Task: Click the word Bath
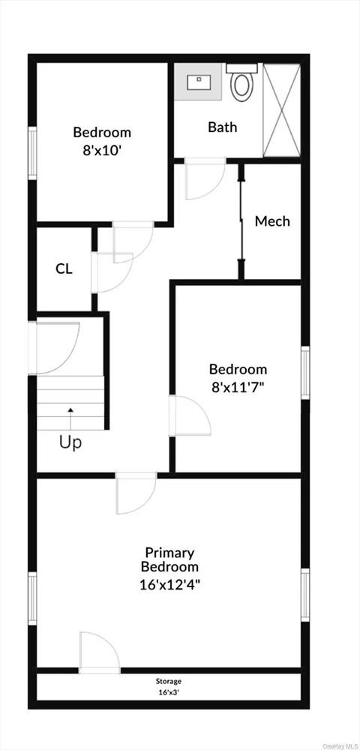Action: [x=222, y=127]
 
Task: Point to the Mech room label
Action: [x=271, y=221]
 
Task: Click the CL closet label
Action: [x=64, y=268]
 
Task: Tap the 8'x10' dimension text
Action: [x=102, y=148]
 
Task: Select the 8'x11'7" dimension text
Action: [x=238, y=387]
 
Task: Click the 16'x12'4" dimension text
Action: [x=170, y=583]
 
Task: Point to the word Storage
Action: [x=169, y=681]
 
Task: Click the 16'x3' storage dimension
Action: [x=169, y=692]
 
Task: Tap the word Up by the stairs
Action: [x=70, y=442]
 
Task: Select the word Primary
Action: [x=170, y=553]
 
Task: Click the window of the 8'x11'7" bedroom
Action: [x=305, y=372]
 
